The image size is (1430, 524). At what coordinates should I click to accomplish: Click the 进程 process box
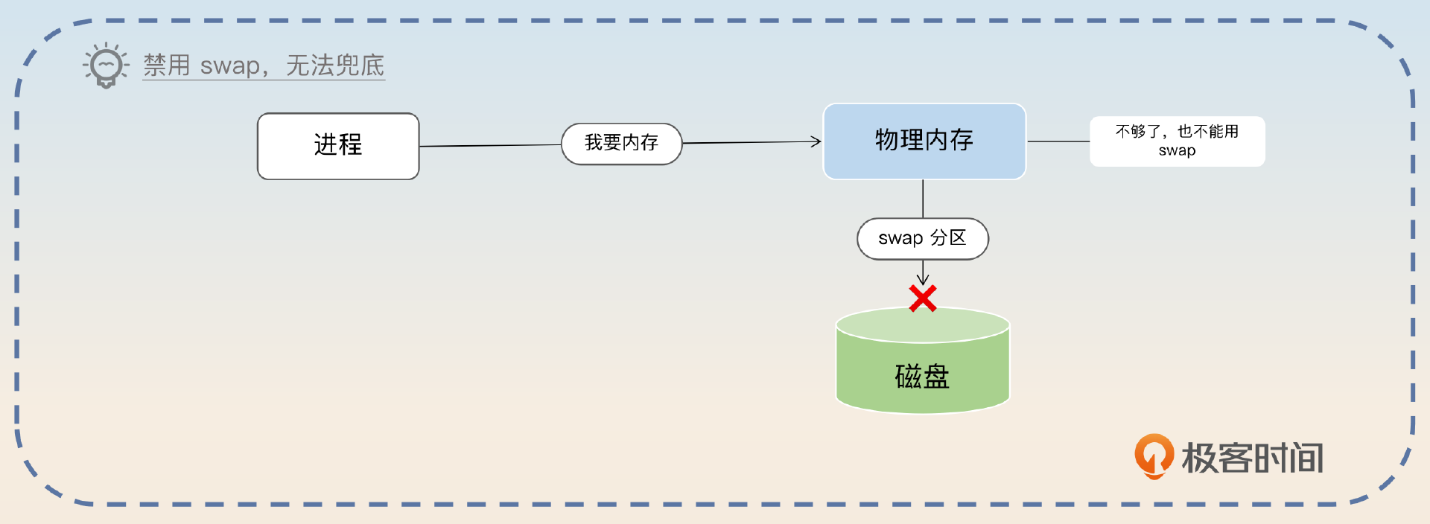tap(338, 146)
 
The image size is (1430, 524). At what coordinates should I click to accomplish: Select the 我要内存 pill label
tap(621, 143)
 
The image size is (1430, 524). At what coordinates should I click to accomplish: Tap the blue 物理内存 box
tap(924, 141)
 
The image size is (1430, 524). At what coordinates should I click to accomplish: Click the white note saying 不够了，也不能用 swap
tap(1177, 141)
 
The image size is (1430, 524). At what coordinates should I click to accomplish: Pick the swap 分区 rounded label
tap(922, 238)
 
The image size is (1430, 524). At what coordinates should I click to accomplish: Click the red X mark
tap(923, 298)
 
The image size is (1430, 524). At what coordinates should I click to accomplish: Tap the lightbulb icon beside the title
tap(106, 65)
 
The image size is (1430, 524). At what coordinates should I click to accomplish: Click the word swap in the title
tap(229, 66)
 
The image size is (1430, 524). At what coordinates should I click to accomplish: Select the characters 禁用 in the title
tap(167, 65)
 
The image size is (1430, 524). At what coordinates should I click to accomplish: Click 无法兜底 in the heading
tap(335, 65)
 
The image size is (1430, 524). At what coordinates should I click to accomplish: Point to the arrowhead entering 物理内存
tap(816, 141)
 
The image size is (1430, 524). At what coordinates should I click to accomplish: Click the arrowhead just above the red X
tap(923, 279)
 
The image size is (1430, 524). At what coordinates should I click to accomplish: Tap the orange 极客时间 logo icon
tap(1153, 456)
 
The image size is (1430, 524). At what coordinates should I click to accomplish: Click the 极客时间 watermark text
tap(1253, 458)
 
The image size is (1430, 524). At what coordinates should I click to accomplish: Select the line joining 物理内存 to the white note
tap(1058, 141)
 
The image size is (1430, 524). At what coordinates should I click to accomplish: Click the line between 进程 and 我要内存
tap(490, 145)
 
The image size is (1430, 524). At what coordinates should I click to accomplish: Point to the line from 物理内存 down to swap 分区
tap(923, 198)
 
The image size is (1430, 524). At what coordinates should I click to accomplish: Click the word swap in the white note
tap(1177, 150)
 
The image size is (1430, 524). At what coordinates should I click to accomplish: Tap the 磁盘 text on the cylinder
tap(922, 377)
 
